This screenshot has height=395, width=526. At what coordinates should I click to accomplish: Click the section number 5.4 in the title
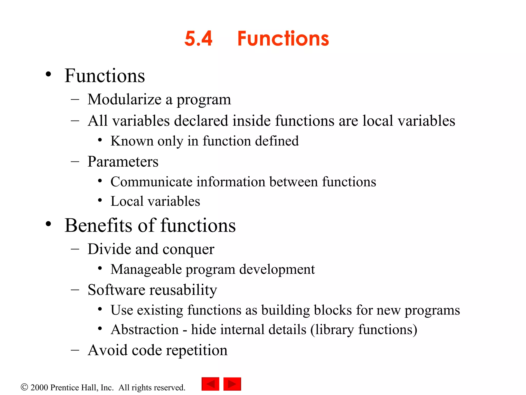(x=198, y=39)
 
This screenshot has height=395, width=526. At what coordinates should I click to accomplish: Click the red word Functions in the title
(x=283, y=39)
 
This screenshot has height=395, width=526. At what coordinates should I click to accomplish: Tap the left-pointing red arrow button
(x=210, y=384)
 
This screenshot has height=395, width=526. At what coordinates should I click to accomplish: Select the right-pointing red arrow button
(x=232, y=384)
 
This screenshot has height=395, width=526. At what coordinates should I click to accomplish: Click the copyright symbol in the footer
(x=24, y=387)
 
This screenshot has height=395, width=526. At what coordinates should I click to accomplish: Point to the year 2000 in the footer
(x=39, y=388)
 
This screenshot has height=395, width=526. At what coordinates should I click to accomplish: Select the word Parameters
(x=123, y=162)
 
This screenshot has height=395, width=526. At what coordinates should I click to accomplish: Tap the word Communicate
(x=152, y=182)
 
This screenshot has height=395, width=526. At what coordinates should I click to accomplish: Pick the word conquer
(x=188, y=249)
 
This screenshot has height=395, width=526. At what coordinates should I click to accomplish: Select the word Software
(x=117, y=290)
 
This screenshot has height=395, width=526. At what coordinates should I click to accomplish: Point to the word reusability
(x=183, y=290)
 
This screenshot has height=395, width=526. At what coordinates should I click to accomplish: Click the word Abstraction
(x=145, y=330)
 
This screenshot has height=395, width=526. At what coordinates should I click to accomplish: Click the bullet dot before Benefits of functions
(x=48, y=224)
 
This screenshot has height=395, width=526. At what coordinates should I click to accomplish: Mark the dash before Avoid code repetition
(x=75, y=350)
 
